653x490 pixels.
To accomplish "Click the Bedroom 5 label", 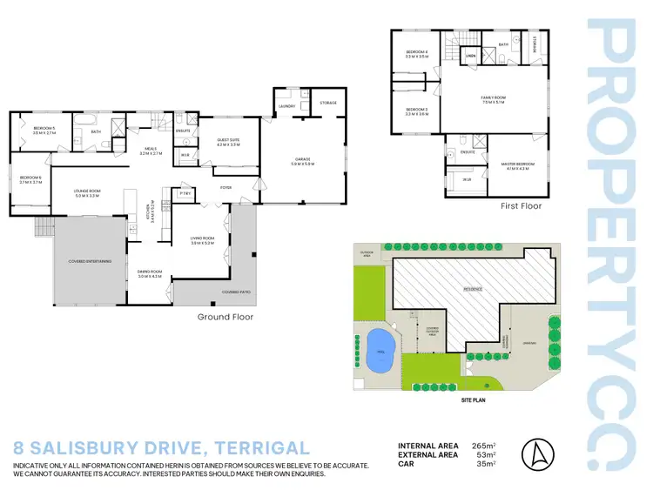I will (x=44, y=129).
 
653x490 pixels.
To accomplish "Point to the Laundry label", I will (x=286, y=107).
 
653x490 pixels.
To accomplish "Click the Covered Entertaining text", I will (x=90, y=261).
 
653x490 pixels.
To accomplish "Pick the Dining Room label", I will (x=150, y=273).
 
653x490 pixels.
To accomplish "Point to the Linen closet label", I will (x=470, y=59).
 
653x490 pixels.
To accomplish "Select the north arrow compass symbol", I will (x=536, y=454).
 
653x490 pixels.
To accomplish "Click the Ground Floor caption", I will (x=225, y=317).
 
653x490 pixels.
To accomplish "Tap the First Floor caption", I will (x=521, y=206).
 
